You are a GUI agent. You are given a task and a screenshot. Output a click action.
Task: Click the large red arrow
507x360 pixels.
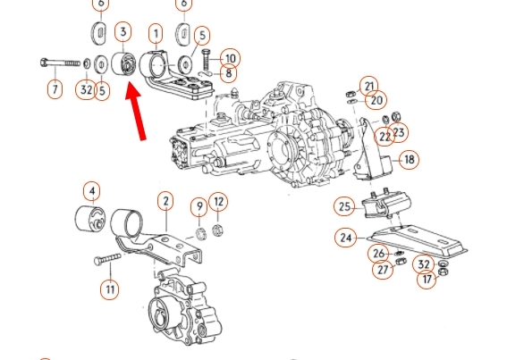click(137, 112)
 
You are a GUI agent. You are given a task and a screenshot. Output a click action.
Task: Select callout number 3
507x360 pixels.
click(123, 32)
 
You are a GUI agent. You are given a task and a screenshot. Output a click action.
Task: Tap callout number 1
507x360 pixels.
click(156, 34)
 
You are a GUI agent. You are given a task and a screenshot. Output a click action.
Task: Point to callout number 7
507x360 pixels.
click(55, 88)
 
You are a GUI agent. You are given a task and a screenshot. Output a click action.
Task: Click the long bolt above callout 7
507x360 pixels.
click(61, 63)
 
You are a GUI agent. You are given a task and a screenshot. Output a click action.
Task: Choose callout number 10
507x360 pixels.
click(230, 58)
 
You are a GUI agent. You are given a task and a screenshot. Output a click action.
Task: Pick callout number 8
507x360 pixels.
click(229, 73)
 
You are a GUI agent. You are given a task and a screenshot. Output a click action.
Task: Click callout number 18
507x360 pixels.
click(409, 160)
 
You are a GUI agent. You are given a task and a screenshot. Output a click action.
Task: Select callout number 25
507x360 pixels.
click(344, 206)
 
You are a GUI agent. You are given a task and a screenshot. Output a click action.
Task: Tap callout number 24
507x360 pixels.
click(346, 238)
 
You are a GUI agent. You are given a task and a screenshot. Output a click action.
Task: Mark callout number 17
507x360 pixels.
click(427, 279)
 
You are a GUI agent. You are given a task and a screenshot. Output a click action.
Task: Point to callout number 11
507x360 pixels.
click(110, 289)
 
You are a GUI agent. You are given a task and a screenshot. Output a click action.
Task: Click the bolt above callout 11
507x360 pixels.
click(107, 258)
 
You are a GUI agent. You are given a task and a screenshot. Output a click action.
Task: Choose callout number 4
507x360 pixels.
click(92, 191)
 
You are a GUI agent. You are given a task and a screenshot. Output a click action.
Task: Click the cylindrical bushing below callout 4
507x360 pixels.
click(90, 218)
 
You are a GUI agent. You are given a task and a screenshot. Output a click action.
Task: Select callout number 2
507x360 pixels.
click(166, 201)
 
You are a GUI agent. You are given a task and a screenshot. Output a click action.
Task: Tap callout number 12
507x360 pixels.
click(218, 202)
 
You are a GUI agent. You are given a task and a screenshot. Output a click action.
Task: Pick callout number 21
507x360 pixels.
click(369, 87)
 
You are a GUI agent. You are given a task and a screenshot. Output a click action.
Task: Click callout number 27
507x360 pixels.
click(383, 269)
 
